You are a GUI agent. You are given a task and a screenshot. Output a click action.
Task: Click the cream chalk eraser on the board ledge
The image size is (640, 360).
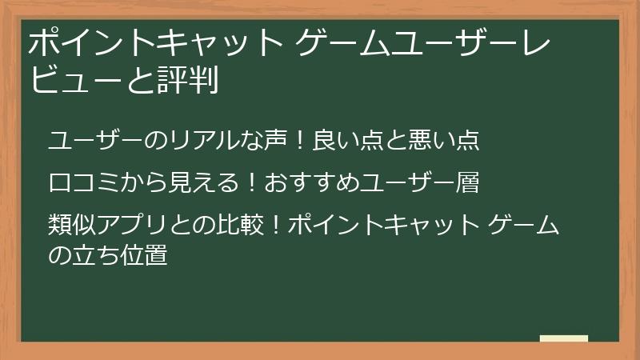click(x=564, y=338)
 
